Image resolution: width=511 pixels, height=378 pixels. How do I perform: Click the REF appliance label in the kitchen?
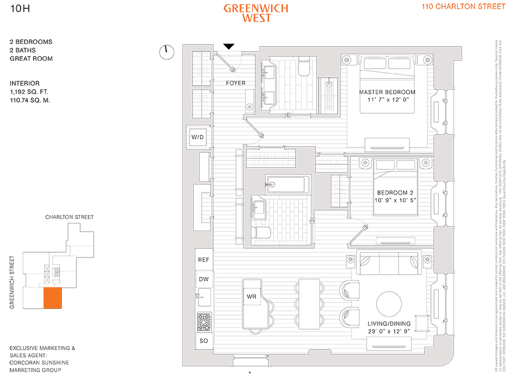204,260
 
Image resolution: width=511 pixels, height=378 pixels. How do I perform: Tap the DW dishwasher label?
204,279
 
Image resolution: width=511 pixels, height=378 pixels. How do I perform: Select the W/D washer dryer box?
198,137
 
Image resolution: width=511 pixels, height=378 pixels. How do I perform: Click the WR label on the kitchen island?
251,297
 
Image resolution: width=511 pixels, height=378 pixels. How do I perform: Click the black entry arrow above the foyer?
229,47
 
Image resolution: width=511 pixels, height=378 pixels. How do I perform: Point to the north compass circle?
166,51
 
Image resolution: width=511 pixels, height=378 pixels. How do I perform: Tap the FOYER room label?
236,83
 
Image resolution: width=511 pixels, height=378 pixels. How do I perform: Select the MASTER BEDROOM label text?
387,92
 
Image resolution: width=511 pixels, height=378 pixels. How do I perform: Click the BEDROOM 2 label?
391,193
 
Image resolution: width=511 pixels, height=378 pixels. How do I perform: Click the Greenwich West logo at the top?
256,13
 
